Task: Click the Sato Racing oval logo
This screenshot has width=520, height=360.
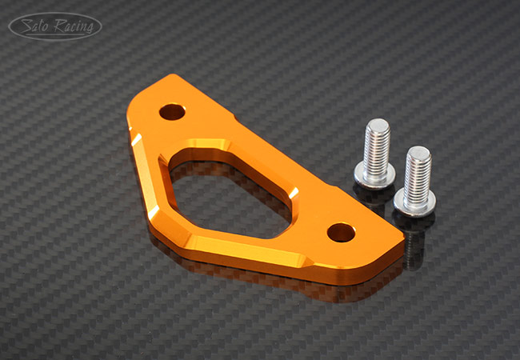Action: [x=55, y=26]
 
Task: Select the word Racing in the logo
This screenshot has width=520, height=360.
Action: [x=74, y=26]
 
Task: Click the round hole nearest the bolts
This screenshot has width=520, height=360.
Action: [x=341, y=232]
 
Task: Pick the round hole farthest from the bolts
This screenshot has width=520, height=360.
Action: [x=172, y=112]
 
